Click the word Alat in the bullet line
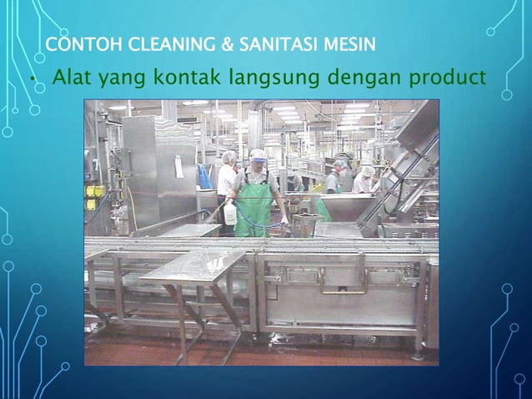(x=72, y=79)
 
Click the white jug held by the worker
(x=230, y=214)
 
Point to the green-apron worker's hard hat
(x=258, y=154)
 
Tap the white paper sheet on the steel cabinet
(x=178, y=166)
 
